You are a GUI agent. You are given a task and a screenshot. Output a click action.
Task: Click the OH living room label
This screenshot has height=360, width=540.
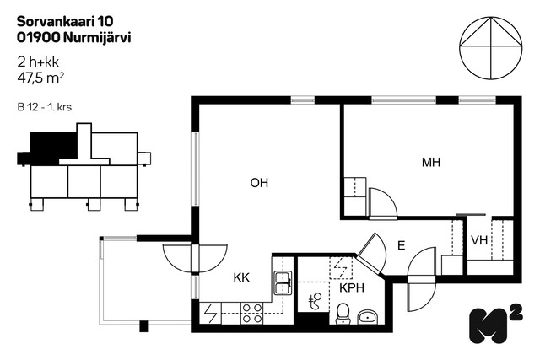click(259, 183)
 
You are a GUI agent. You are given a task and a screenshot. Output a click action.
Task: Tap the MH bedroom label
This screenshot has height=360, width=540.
click(431, 162)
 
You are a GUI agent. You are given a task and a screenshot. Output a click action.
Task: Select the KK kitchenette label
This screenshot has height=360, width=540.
click(241, 277)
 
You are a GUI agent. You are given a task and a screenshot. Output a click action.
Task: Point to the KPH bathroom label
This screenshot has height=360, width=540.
click(352, 287)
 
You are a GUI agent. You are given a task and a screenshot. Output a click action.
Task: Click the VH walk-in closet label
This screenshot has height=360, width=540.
click(479, 240)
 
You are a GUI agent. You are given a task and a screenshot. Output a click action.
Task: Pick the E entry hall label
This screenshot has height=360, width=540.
click(402, 245)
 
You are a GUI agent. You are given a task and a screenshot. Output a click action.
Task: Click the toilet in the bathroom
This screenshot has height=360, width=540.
click(343, 314)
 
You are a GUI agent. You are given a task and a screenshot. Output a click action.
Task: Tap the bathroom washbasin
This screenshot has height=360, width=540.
click(368, 317)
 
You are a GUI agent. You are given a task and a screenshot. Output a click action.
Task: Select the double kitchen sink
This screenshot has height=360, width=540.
click(283, 283)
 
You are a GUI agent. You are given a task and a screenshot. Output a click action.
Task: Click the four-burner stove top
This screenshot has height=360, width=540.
click(252, 313)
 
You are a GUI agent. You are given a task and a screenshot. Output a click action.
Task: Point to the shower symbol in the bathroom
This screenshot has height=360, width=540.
click(315, 300)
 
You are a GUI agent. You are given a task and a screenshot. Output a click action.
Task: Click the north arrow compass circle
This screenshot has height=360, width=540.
click(491, 47)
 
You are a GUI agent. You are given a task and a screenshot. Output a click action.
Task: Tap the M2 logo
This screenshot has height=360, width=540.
click(496, 325)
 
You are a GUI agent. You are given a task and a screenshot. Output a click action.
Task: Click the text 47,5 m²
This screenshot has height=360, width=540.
click(40, 78)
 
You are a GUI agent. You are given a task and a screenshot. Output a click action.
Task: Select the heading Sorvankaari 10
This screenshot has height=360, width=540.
click(65, 21)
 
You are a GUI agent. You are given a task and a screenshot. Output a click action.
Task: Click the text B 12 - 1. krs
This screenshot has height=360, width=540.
click(45, 107)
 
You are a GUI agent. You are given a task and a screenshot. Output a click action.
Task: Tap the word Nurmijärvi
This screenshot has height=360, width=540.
click(98, 37)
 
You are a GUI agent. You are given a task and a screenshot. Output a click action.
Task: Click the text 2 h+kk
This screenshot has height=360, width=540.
click(38, 62)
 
